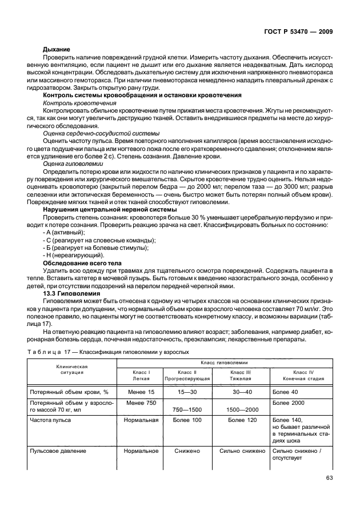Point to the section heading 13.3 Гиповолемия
70,293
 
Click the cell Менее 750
141,403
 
